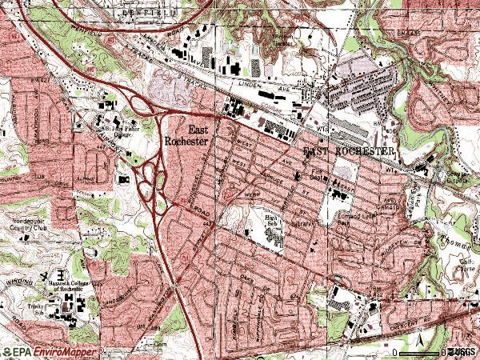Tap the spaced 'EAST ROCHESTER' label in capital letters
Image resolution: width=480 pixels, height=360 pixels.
(349, 151)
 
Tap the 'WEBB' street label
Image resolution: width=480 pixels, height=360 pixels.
(250, 194)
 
